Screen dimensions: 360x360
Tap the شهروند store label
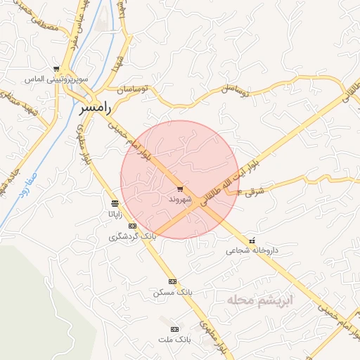[x=180, y=200]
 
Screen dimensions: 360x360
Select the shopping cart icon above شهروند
[x=180, y=188]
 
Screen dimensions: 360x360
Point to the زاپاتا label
[x=115, y=214]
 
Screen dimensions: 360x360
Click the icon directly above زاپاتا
[x=115, y=204]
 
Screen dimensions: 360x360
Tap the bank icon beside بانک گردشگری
[x=132, y=226]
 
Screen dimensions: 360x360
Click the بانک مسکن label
[x=172, y=291]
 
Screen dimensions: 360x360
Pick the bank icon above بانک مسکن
[x=172, y=281]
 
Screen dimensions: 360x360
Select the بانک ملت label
[x=175, y=340]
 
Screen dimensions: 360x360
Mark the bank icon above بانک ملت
[x=175, y=329]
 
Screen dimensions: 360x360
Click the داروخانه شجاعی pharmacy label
[x=252, y=250]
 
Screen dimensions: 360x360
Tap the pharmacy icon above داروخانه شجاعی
[x=252, y=240]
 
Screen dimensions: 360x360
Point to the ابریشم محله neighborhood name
[x=259, y=300]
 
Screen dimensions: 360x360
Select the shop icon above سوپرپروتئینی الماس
[x=57, y=69]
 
